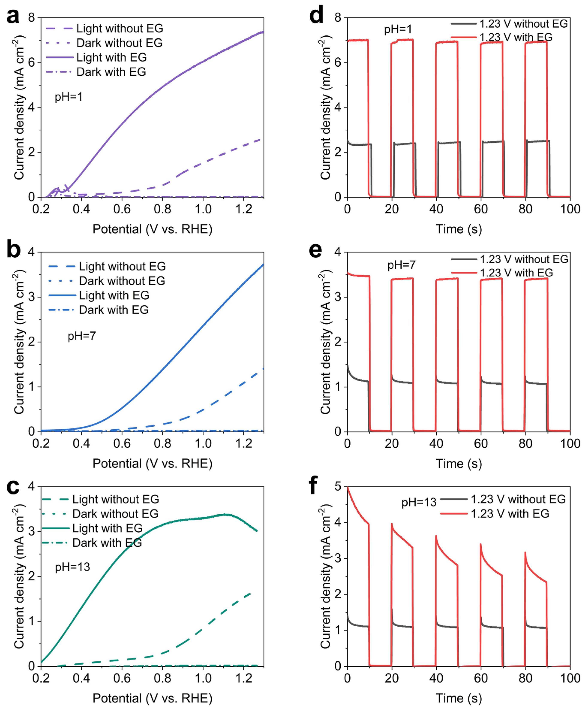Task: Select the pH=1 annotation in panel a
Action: coord(69,97)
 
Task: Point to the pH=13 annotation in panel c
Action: coord(72,567)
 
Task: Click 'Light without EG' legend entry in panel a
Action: coord(120,29)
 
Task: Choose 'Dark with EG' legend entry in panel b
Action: coord(113,310)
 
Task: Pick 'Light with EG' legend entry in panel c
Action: coord(107,528)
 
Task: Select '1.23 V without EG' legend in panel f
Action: coord(518,499)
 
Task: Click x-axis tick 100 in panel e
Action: coord(570,444)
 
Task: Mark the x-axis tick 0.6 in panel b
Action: coord(122,444)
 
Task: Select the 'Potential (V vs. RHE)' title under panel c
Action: coord(152,698)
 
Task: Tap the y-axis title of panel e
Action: coord(325,343)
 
